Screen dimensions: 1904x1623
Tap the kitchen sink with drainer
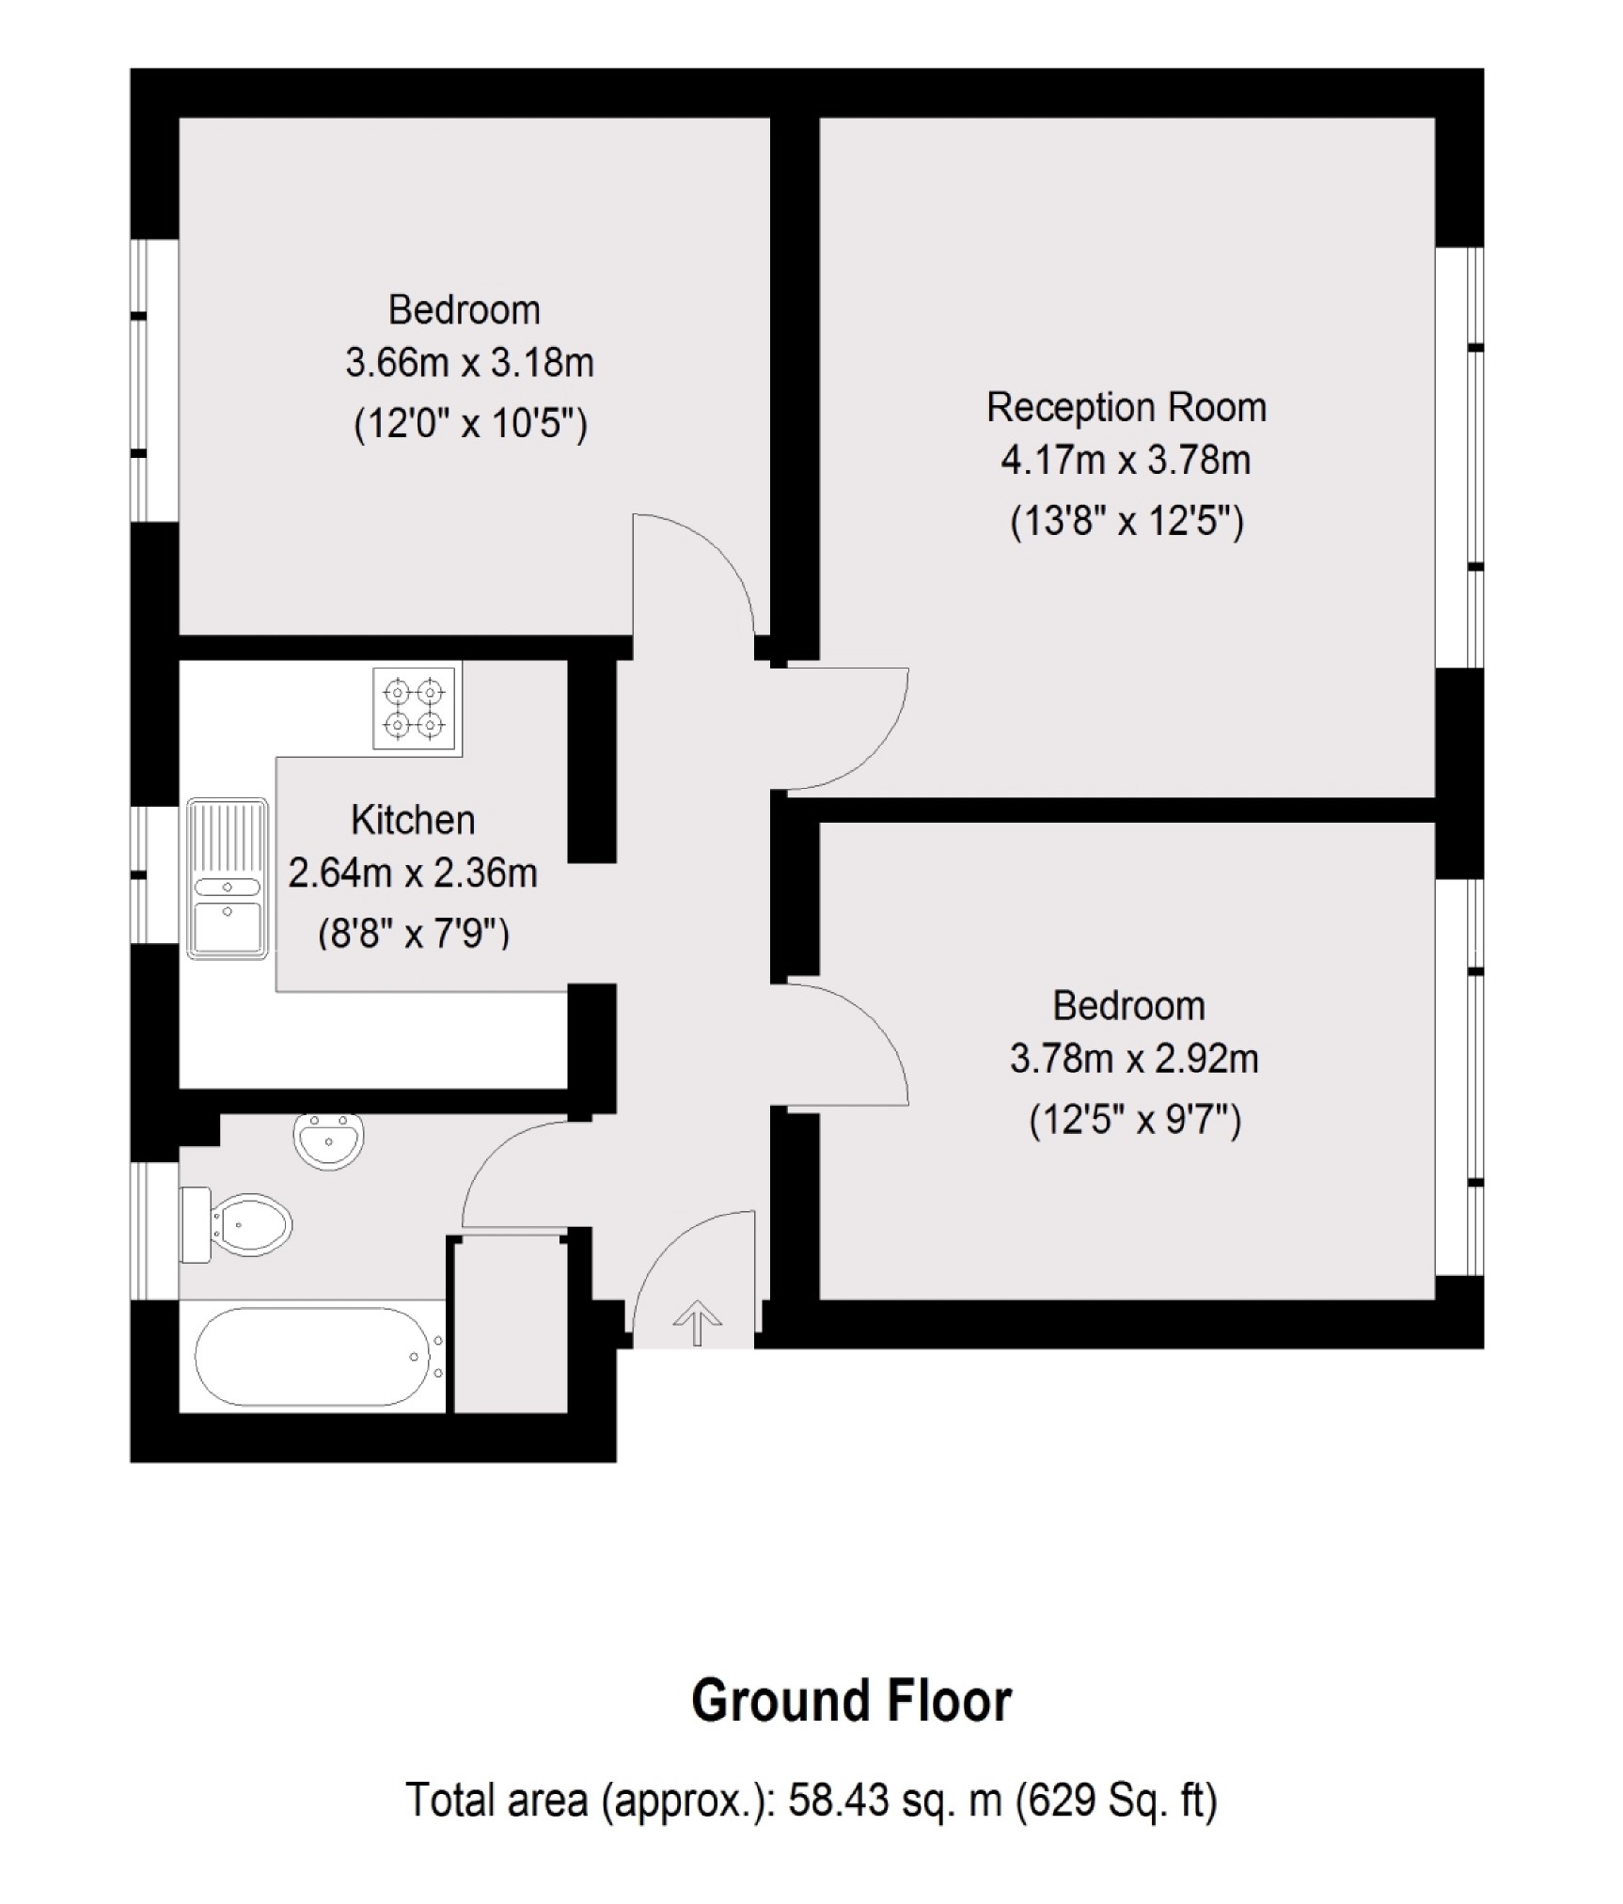[228, 877]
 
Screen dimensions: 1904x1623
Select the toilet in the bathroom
[237, 1224]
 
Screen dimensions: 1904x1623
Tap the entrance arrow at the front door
[697, 1320]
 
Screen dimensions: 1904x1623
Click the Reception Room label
[1126, 407]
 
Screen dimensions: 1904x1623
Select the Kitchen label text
[413, 820]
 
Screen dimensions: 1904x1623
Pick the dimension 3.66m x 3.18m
[469, 363]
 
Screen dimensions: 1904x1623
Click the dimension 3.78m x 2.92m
[1133, 1059]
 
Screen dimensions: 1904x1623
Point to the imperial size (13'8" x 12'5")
[1127, 520]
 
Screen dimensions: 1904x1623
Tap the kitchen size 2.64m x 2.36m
[413, 873]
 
